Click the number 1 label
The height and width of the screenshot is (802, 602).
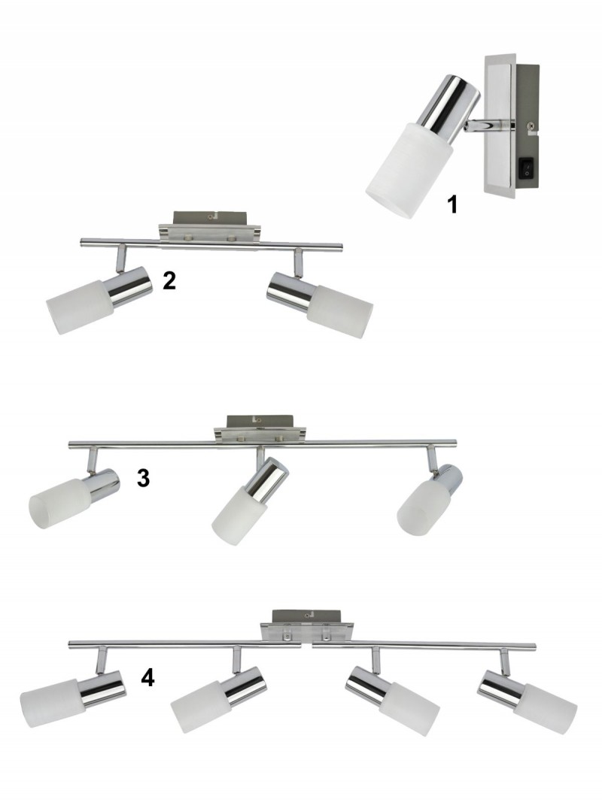pyautogui.click(x=452, y=204)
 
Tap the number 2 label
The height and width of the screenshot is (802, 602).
pyautogui.click(x=169, y=281)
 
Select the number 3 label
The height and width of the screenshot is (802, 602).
pyautogui.click(x=143, y=478)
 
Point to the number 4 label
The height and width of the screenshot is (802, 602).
pyautogui.click(x=147, y=678)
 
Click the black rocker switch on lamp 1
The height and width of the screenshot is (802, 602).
pyautogui.click(x=527, y=168)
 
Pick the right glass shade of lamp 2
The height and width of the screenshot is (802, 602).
pyautogui.click(x=340, y=312)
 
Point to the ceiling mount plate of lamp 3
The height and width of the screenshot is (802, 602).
pyautogui.click(x=260, y=430)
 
